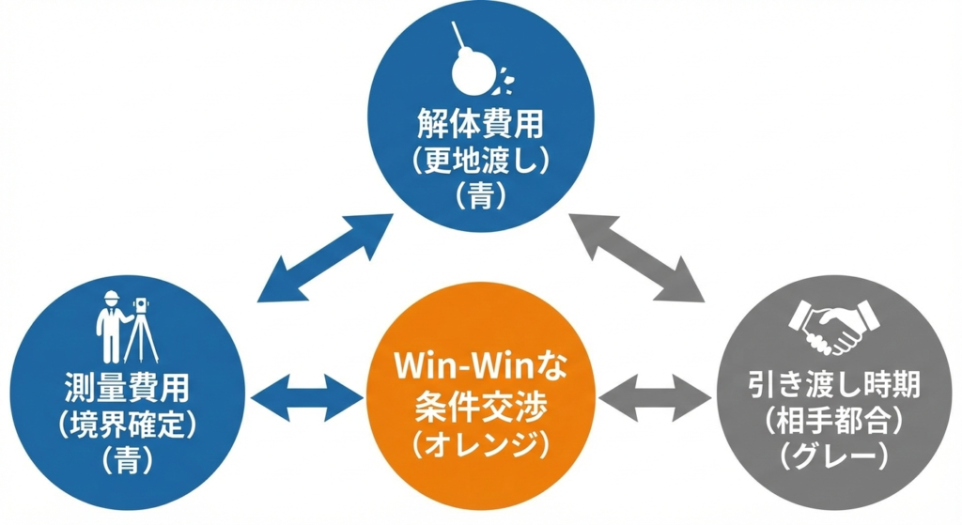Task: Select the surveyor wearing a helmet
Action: (112, 325)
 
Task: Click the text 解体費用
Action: (481, 124)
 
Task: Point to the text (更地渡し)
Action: (481, 160)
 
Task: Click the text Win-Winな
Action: (480, 363)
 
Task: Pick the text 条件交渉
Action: (480, 401)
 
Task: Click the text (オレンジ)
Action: (480, 440)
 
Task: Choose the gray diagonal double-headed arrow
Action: (638, 257)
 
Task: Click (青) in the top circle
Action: (481, 194)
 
